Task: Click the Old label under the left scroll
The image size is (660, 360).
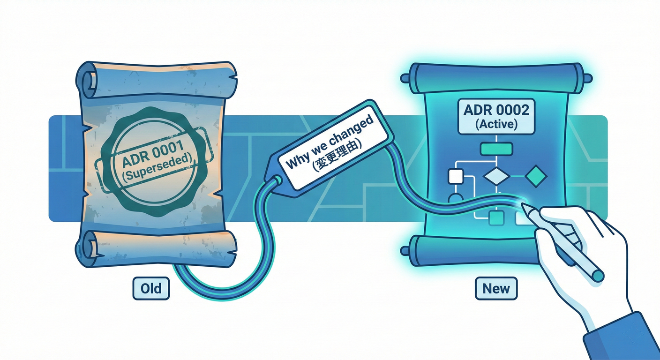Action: tap(151, 288)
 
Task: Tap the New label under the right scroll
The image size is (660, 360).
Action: tap(496, 288)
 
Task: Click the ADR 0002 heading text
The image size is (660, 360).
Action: tap(496, 110)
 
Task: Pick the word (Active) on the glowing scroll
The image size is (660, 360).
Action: tap(496, 124)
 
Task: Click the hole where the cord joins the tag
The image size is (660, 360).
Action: tap(277, 180)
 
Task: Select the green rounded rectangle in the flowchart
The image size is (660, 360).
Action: tap(496, 149)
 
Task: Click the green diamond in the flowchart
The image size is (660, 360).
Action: tap(536, 176)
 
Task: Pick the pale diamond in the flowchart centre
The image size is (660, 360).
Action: tap(496, 176)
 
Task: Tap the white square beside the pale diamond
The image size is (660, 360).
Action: tap(456, 176)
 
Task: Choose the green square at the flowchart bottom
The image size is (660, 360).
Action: tap(496, 218)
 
